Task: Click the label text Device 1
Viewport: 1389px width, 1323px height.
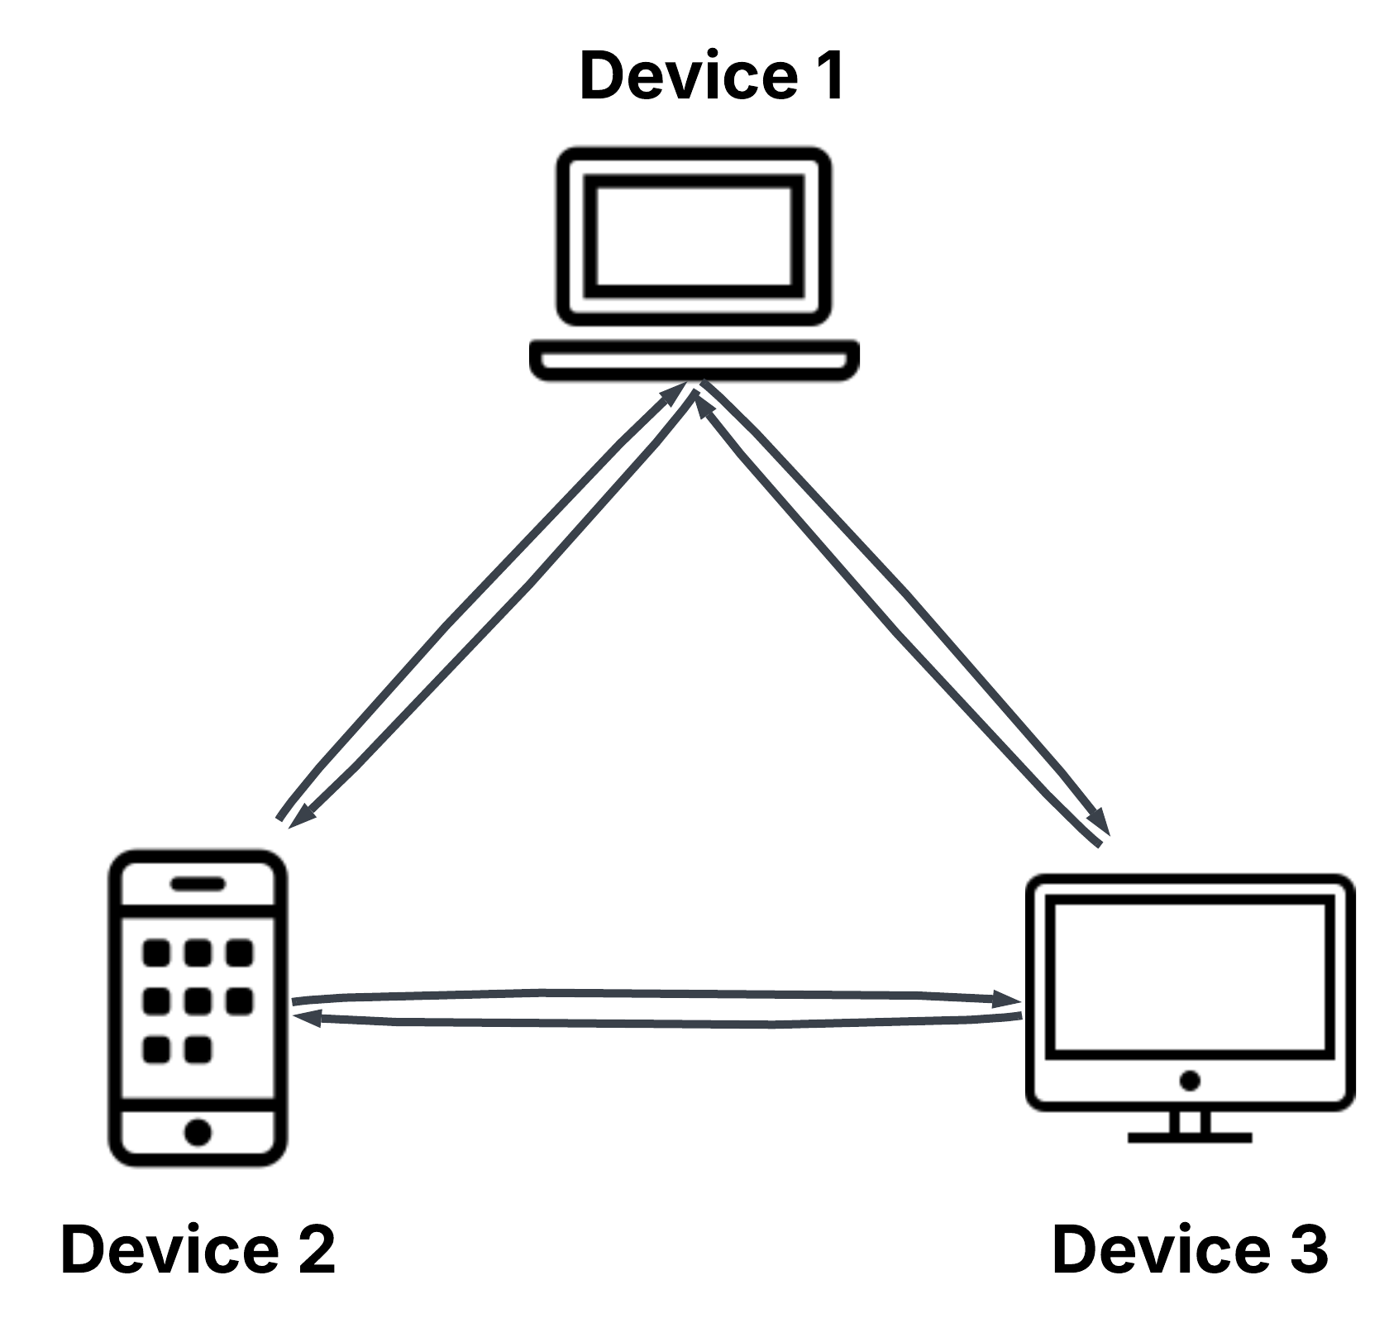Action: pos(711,76)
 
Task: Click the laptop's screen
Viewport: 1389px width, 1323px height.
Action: pos(694,236)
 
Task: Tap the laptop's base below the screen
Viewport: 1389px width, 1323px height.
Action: pos(694,361)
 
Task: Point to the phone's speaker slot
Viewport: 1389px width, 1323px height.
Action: pos(198,884)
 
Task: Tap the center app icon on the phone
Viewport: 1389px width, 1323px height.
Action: pos(198,1001)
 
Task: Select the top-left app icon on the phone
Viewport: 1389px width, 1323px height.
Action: pos(156,953)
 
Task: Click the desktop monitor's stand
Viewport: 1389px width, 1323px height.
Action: pos(1190,1125)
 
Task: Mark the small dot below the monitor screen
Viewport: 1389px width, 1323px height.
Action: pos(1190,1080)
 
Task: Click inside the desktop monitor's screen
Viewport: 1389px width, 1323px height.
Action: pos(1190,980)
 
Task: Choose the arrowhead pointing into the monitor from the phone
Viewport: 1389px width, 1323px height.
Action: pos(1009,999)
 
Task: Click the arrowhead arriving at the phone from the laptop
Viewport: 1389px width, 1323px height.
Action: pos(303,815)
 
